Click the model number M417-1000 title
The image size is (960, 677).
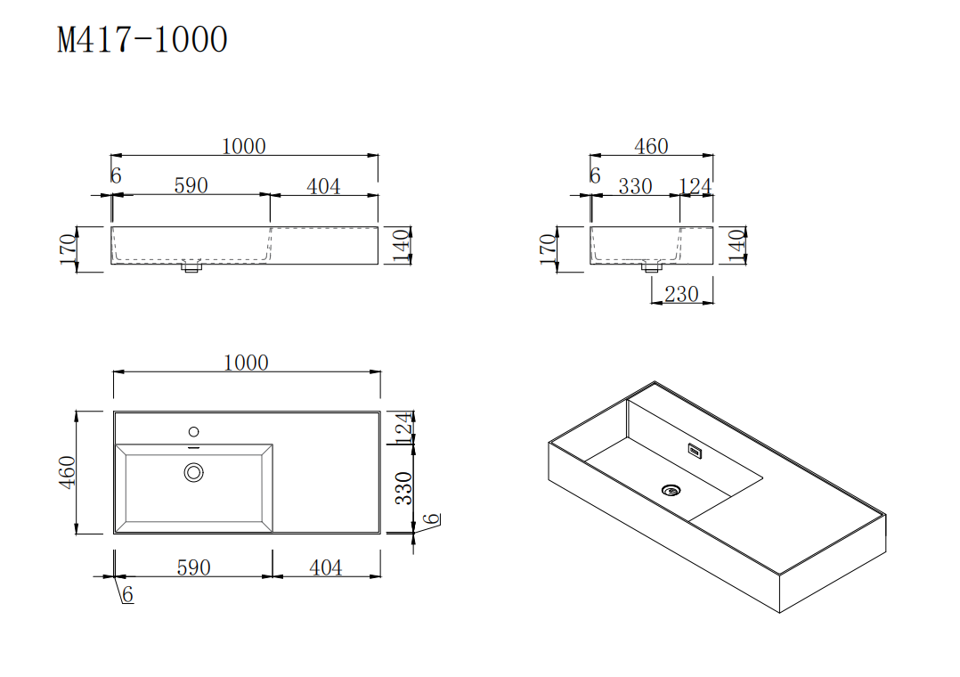coord(142,39)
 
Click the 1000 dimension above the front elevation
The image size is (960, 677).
coord(243,146)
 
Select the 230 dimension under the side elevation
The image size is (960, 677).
coord(681,293)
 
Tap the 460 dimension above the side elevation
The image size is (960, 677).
coord(651,146)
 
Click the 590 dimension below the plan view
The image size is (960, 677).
coord(193,567)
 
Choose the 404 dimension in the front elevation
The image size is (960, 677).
coord(323,186)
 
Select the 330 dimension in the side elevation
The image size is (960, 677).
coord(635,186)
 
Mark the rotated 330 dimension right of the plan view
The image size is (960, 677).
coord(404,488)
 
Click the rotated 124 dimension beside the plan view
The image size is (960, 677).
coord(404,428)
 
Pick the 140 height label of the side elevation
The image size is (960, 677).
coord(736,246)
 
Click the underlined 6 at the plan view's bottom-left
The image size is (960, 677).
coord(127,595)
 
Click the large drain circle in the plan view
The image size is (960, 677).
coord(194,472)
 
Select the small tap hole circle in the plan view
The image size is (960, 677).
coord(193,431)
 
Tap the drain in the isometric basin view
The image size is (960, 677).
coord(671,489)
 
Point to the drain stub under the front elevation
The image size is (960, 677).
coord(189,267)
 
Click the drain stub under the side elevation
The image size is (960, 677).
coord(652,266)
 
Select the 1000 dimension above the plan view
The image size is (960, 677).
coord(246,363)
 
